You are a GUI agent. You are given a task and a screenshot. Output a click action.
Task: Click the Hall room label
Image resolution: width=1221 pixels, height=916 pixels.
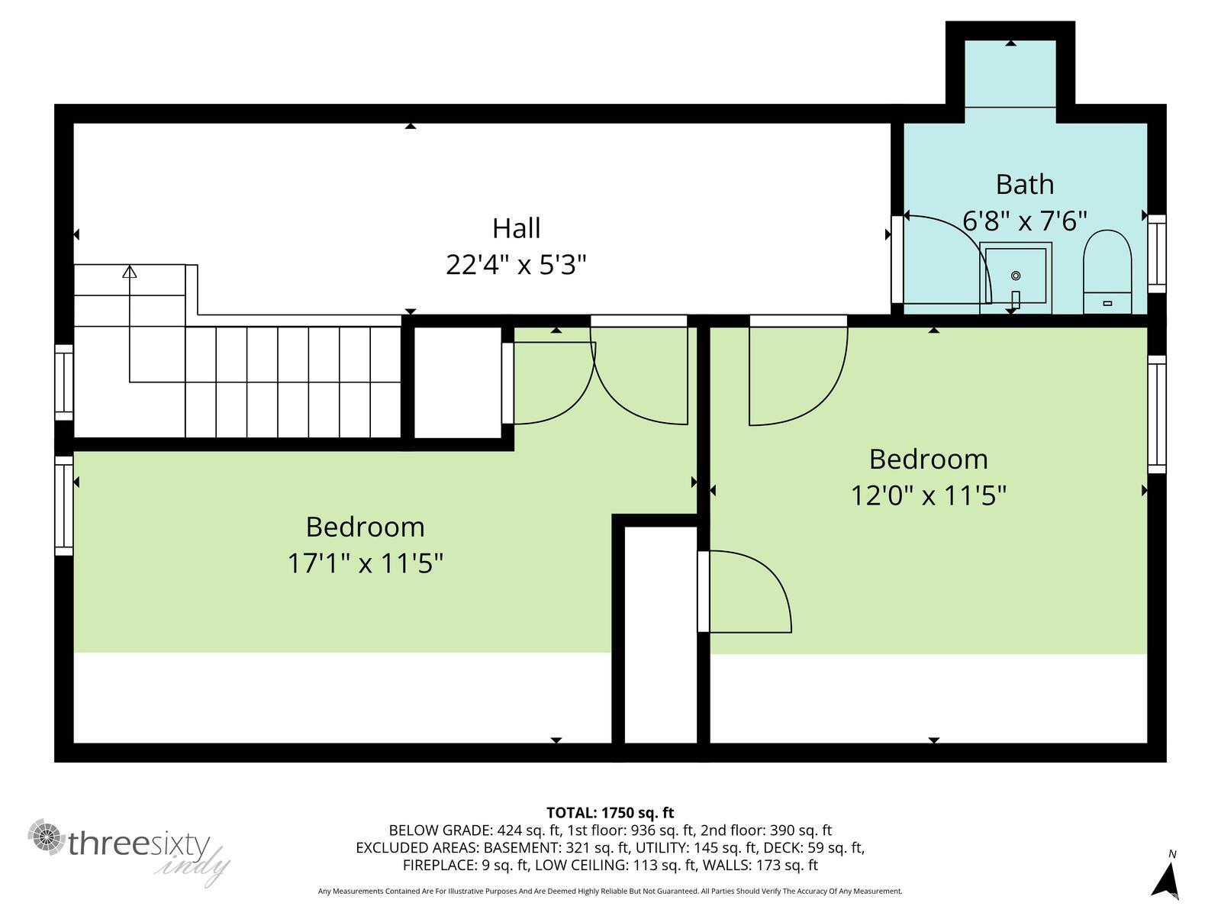516,228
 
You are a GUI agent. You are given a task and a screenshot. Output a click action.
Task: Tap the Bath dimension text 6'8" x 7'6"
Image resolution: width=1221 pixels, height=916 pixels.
1024,221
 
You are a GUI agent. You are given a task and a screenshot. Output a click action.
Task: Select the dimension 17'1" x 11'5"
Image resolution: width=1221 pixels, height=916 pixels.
365,564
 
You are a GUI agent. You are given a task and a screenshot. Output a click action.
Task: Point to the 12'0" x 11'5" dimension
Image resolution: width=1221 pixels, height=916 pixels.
928,496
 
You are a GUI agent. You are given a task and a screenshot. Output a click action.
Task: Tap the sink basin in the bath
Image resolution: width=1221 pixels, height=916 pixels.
1016,277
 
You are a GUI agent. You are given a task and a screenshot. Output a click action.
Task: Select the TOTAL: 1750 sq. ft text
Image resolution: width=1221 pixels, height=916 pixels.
610,813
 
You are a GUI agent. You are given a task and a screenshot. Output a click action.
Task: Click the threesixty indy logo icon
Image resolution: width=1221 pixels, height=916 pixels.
47,838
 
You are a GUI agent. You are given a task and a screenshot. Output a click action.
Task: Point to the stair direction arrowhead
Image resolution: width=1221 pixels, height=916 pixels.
130,271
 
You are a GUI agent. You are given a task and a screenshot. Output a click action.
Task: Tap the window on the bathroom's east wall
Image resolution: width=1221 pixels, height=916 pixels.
1157,253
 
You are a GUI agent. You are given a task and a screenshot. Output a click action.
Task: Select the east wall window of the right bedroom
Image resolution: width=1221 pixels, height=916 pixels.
1157,414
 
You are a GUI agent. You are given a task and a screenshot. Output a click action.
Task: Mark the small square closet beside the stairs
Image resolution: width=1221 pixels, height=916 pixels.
457,382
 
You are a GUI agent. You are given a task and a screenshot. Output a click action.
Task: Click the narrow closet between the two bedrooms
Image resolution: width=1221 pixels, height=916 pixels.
656,634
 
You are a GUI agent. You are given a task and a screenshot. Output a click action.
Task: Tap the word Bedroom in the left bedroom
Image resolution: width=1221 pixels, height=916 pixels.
365,527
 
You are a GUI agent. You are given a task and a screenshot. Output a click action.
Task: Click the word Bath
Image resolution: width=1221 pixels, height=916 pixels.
1024,185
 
